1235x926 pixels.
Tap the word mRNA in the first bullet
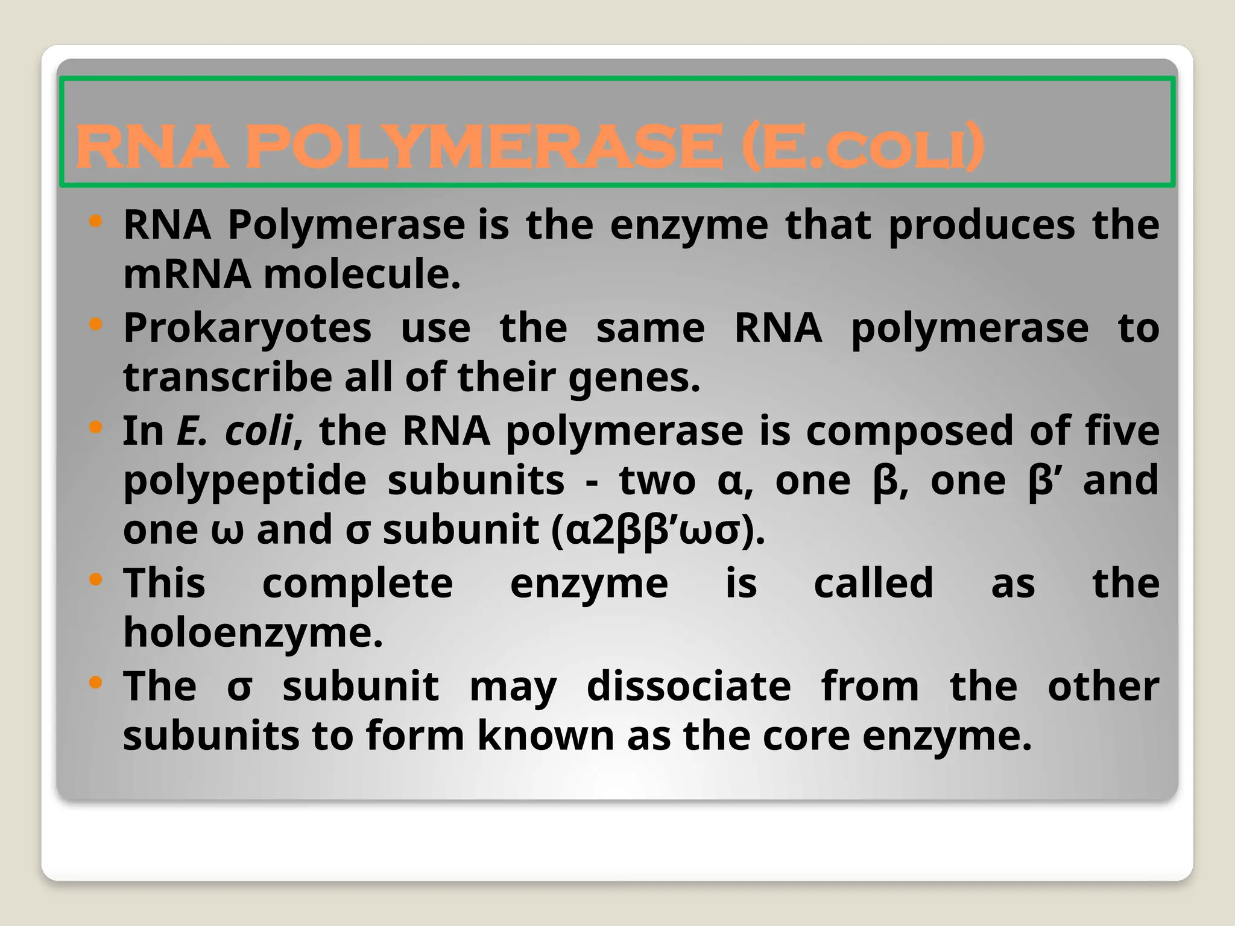pyautogui.click(x=187, y=274)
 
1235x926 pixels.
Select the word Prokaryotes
pyautogui.click(x=247, y=329)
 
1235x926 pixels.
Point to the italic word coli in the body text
pyautogui.click(x=258, y=431)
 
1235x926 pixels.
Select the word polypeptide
pyautogui.click(x=245, y=481)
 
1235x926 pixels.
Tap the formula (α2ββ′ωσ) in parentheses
pyautogui.click(x=658, y=531)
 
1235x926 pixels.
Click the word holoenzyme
pyautogui.click(x=253, y=633)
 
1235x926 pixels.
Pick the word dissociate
pyautogui.click(x=689, y=687)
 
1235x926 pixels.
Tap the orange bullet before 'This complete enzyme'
pyautogui.click(x=95, y=581)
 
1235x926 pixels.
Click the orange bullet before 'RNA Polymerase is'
pyautogui.click(x=95, y=221)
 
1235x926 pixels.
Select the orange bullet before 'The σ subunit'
pyautogui.click(x=95, y=683)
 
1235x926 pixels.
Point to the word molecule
pyautogui.click(x=362, y=274)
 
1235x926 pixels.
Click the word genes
pyautogui.click(x=634, y=378)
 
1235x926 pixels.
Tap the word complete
pyautogui.click(x=358, y=584)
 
